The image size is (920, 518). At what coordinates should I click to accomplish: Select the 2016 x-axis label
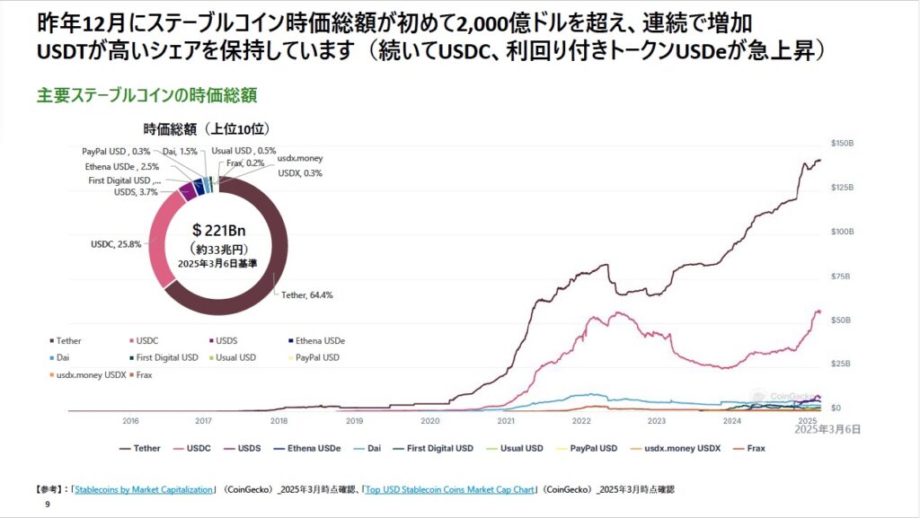pos(130,419)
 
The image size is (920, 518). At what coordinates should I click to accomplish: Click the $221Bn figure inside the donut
pos(218,230)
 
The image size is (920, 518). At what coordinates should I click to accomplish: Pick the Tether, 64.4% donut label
pos(307,294)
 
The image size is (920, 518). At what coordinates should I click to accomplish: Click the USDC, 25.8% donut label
pos(118,243)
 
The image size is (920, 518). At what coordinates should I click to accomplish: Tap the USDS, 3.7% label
pos(136,192)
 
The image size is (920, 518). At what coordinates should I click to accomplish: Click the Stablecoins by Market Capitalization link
pos(145,489)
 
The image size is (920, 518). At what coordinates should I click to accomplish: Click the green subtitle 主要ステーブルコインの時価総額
pos(147,93)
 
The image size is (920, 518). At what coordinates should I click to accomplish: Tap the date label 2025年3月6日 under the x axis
pos(827,430)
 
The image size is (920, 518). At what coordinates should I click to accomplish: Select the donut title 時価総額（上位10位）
pos(207,128)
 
